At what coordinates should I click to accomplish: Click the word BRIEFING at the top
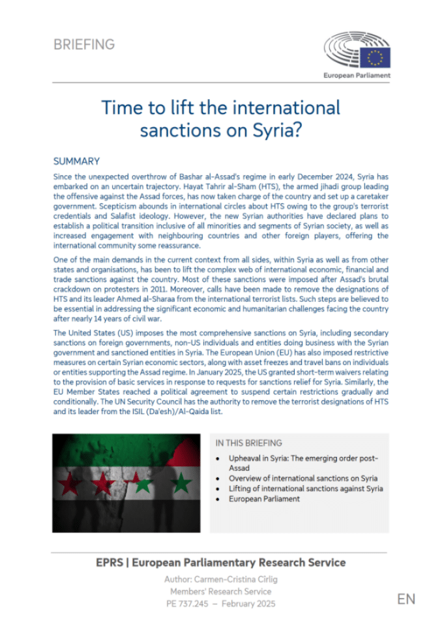tap(84, 45)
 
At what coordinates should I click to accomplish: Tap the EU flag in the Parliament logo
tap(376, 57)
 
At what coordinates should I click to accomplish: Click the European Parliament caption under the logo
tap(357, 76)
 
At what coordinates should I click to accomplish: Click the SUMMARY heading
tap(76, 162)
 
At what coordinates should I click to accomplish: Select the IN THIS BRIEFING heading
tap(248, 443)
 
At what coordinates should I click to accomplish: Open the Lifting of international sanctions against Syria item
tap(306, 488)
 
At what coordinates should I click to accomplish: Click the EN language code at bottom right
tap(405, 599)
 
